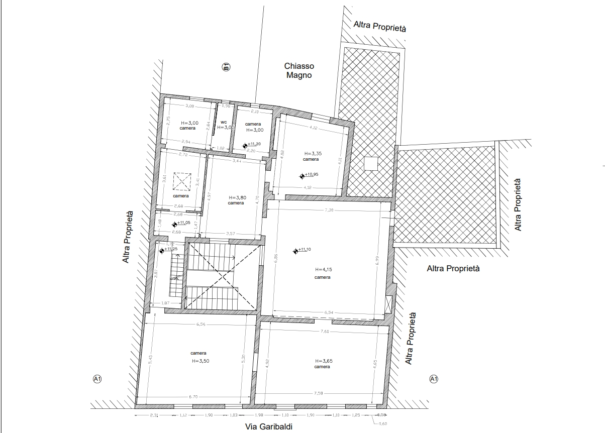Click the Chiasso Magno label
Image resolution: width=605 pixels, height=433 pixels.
tap(299, 71)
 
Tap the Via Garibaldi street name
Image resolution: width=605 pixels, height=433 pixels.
tap(268, 426)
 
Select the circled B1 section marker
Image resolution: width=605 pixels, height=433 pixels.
tap(226, 67)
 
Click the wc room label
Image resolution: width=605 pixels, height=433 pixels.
tap(224, 122)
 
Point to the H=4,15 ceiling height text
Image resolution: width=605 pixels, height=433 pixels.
tap(323, 269)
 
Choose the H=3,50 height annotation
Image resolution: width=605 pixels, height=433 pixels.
tap(199, 361)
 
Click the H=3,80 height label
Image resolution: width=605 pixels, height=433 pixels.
tap(237, 197)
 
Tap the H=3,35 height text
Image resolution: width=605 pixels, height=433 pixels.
tap(312, 153)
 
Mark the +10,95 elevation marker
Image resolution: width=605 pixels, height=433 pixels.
tap(302, 176)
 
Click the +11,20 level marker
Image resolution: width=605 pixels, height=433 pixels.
tap(245, 145)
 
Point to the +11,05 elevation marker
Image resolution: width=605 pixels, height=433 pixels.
tap(174, 224)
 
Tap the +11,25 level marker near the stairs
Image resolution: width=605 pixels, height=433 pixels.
tap(162, 250)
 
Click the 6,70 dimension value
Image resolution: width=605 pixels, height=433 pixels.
tap(193, 397)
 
